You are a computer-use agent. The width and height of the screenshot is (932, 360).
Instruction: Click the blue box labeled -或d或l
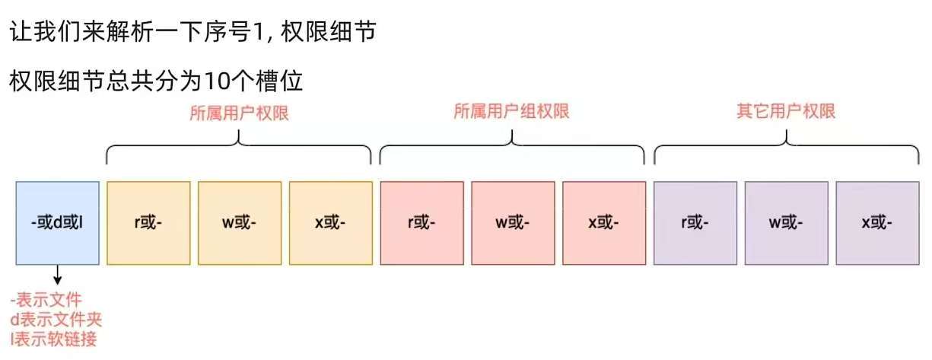[57, 223]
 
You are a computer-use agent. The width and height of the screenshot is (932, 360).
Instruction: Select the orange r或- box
[148, 223]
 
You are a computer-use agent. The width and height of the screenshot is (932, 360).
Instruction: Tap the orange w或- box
[240, 223]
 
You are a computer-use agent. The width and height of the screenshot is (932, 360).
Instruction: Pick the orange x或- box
[330, 223]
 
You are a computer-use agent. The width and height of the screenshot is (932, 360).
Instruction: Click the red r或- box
[421, 223]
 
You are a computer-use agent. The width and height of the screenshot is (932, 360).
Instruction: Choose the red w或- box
[513, 223]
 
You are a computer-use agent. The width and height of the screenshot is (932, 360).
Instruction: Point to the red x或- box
[604, 223]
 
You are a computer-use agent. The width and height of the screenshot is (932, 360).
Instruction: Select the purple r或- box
[695, 223]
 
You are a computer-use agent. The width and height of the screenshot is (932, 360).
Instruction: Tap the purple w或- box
[786, 223]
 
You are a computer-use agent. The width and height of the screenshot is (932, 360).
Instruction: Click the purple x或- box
[877, 223]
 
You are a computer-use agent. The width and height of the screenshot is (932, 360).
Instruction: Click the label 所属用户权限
[239, 113]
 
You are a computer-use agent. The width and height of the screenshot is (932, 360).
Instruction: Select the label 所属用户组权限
[511, 111]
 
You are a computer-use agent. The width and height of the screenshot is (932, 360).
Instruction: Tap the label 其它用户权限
[786, 111]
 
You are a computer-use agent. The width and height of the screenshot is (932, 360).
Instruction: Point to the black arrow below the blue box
[58, 275]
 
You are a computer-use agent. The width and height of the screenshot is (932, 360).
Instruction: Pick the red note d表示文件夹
[56, 319]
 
